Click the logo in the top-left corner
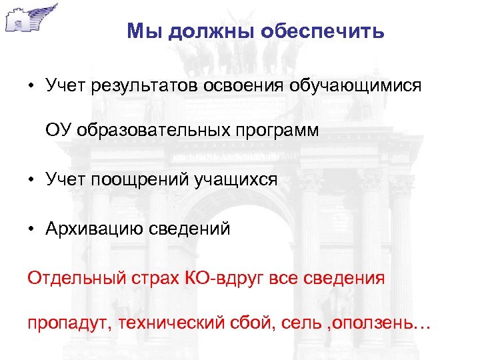pyautogui.click(x=30, y=18)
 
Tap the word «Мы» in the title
pyautogui.click(x=141, y=31)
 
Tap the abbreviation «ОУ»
pyautogui.click(x=59, y=130)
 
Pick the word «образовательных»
pyautogui.click(x=156, y=131)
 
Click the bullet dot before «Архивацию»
pyautogui.click(x=31, y=230)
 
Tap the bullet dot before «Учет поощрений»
pyautogui.click(x=31, y=179)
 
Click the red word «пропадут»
pyautogui.click(x=63, y=325)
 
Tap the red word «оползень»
pyautogui.click(x=378, y=325)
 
